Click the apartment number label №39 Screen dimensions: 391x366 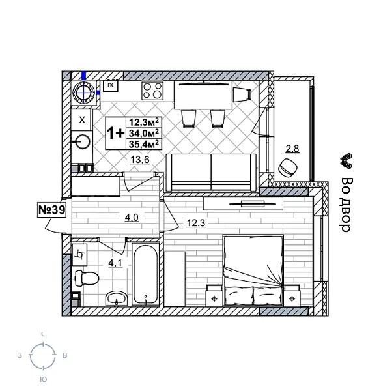tap(51, 210)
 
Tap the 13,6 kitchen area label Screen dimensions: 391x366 tap(139, 161)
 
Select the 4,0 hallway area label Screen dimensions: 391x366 tap(132, 217)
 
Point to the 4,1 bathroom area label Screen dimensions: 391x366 tap(115, 263)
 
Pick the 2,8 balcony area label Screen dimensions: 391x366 tap(292, 149)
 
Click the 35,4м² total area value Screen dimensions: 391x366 tap(145, 145)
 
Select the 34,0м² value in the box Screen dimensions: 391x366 tap(145, 133)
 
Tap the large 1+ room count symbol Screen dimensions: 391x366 tap(115, 133)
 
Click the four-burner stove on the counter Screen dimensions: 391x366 tap(152, 91)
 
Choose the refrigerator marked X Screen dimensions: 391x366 tap(81, 120)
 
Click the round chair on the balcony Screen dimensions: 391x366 tap(287, 167)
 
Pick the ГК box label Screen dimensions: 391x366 tap(111, 85)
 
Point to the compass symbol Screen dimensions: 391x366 tap(43, 356)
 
